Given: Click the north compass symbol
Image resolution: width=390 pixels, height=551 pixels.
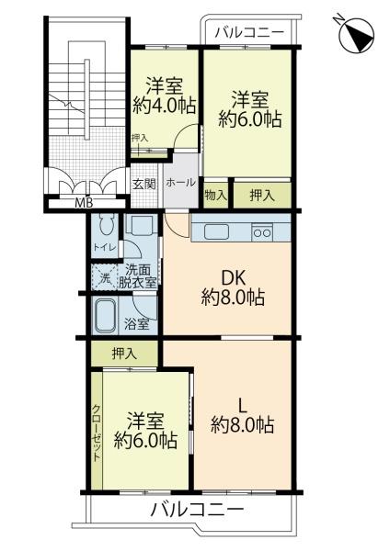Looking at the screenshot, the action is (x=356, y=35).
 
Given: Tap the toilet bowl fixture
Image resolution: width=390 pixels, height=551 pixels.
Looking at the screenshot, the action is (x=106, y=225).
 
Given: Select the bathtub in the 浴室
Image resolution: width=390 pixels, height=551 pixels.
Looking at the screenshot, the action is (x=105, y=316).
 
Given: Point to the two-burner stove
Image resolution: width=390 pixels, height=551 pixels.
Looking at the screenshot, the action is (x=262, y=232).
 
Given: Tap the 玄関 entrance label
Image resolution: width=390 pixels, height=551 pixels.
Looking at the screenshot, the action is (x=144, y=185).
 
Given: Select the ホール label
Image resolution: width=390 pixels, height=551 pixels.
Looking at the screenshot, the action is (x=180, y=183).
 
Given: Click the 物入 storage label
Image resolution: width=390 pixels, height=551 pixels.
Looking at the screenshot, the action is (x=216, y=195).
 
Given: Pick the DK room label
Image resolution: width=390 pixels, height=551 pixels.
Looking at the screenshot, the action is (x=233, y=279).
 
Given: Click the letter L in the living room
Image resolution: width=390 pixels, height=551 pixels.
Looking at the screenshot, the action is (x=243, y=406).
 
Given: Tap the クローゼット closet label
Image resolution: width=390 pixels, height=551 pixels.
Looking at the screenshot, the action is (x=97, y=433).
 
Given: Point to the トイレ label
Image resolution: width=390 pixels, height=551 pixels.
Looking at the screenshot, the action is (x=104, y=247).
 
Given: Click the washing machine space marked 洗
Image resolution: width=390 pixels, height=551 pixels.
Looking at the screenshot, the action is (x=104, y=277).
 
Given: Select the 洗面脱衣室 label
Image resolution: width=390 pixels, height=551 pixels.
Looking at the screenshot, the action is (x=138, y=276).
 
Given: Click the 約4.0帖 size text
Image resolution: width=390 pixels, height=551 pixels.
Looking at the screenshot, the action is (x=165, y=105).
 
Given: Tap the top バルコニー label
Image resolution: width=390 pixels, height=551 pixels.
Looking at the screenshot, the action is (x=249, y=33).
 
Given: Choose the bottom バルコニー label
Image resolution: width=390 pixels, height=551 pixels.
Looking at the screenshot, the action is (x=197, y=509).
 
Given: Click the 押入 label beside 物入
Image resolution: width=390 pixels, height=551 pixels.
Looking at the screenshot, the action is (x=262, y=196).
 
